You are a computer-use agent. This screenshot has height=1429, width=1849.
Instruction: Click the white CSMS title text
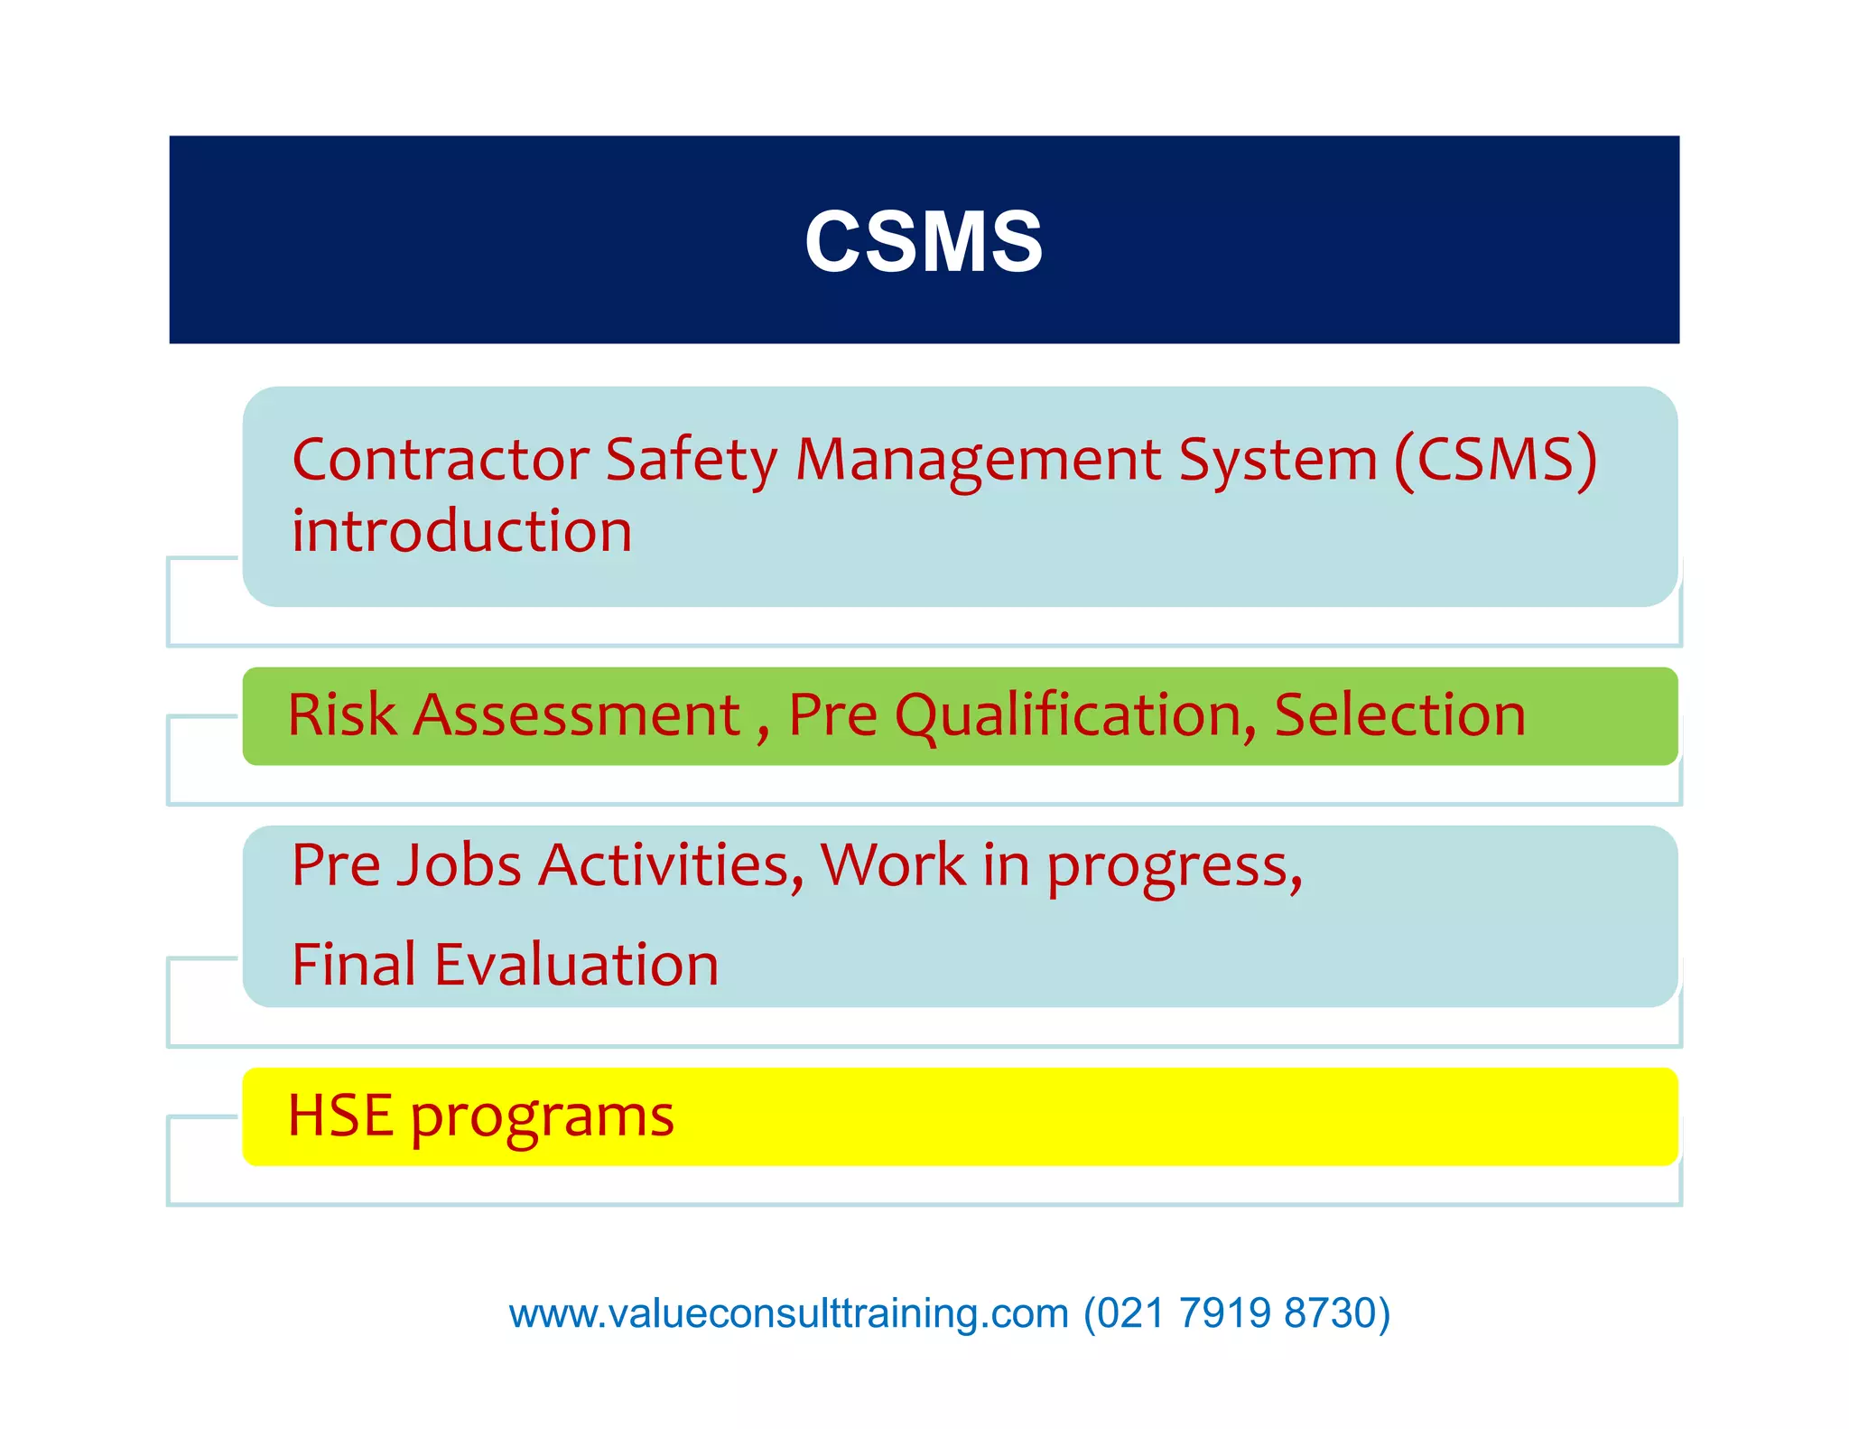pos(923,241)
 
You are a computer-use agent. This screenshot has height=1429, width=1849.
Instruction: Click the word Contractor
pos(440,460)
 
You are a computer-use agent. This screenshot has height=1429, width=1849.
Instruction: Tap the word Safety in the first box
pos(691,460)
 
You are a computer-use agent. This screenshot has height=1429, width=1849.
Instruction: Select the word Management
pos(978,460)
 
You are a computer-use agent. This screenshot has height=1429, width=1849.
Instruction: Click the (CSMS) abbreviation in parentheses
pos(1496,460)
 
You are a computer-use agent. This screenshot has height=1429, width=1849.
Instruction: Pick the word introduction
pos(461,530)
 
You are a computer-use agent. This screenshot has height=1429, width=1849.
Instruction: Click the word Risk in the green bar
pos(341,715)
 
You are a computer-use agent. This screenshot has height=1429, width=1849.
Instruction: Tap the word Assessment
pos(578,715)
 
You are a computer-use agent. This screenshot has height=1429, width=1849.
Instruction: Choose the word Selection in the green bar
pos(1399,715)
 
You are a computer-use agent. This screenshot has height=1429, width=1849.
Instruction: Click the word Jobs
pos(460,865)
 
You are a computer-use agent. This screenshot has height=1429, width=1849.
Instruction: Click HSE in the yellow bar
pos(340,1116)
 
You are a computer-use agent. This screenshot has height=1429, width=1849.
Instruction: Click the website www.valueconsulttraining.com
pos(788,1313)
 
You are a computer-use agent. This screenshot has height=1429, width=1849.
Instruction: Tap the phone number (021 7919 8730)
pos(1236,1313)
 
